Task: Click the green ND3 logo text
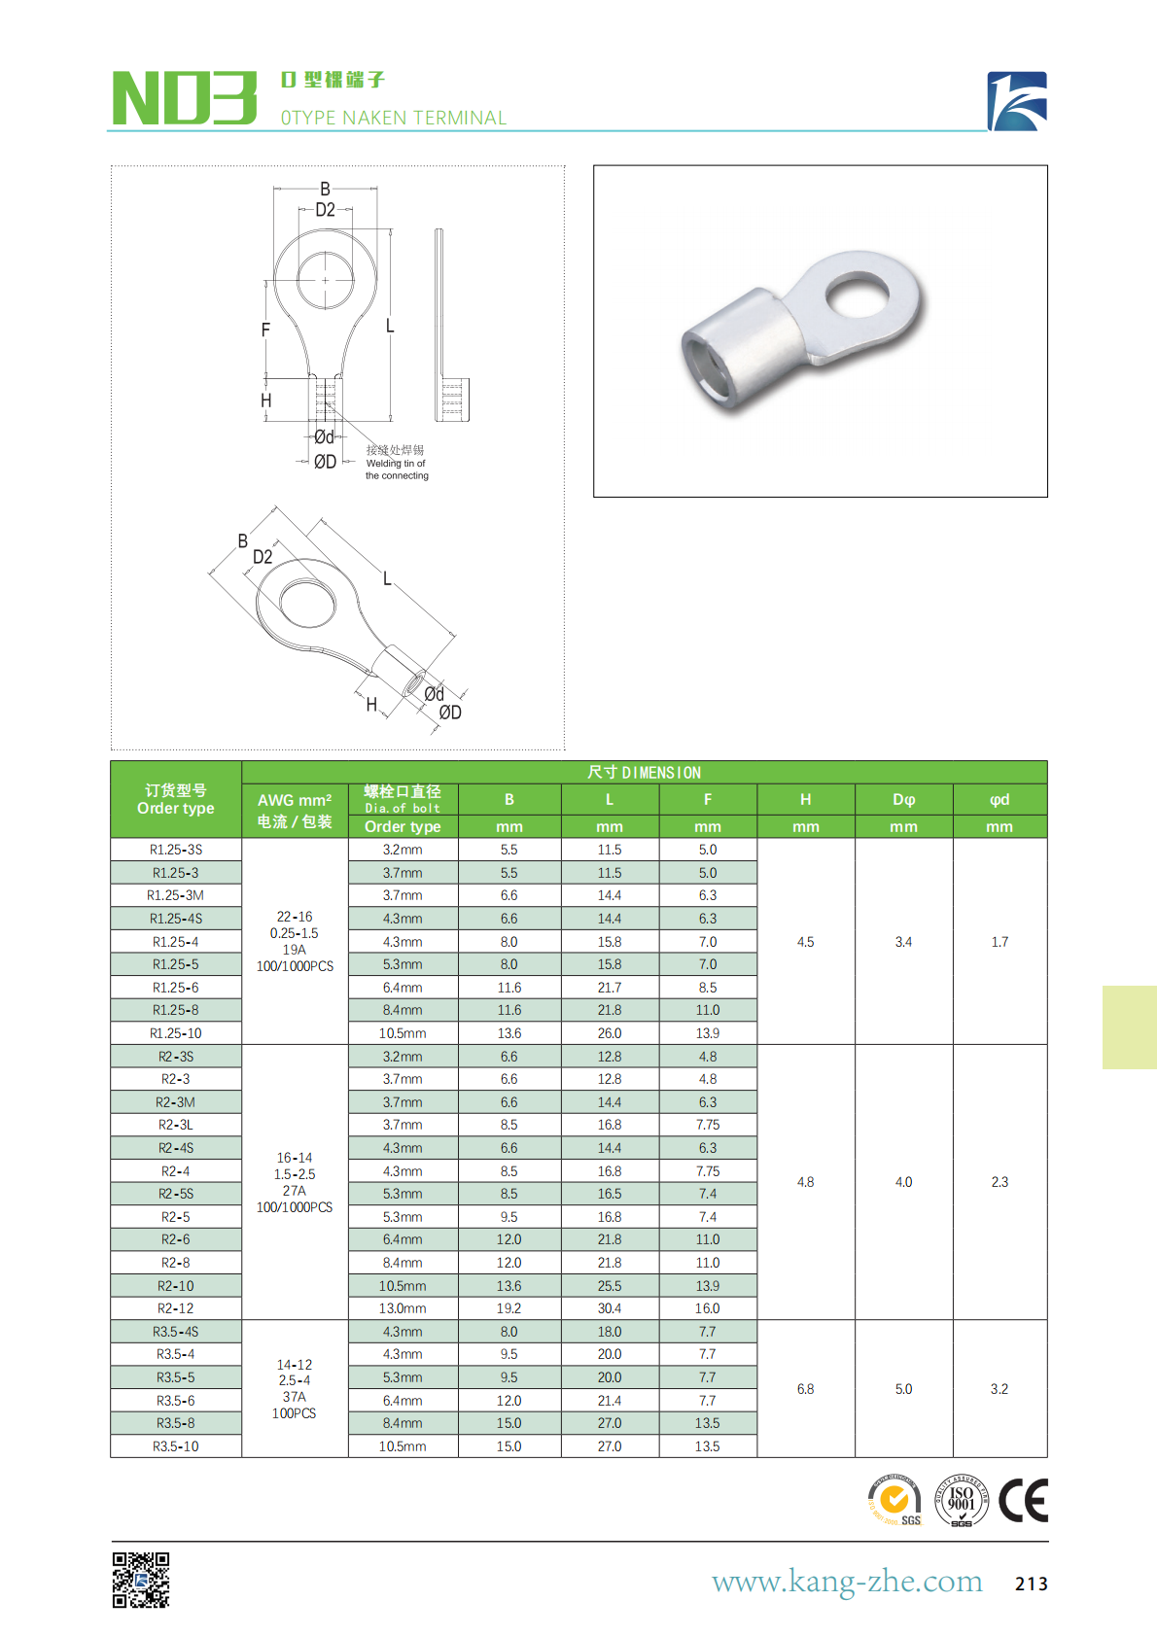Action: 185,98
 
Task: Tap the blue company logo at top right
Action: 1017,100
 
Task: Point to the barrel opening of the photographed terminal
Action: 707,368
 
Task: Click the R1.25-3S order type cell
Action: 176,850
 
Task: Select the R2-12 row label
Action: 176,1308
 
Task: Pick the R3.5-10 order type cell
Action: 176,1446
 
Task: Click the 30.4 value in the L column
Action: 610,1308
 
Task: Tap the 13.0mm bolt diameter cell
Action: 403,1308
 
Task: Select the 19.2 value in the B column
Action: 509,1308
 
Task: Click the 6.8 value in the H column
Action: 805,1389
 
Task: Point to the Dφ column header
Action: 903,800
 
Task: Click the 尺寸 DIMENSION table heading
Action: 644,773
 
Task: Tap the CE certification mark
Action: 1023,1500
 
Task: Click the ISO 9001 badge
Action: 961,1500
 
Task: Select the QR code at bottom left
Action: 141,1580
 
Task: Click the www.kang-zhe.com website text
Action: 847,1582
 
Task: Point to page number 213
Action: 1031,1584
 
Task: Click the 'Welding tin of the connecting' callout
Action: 396,464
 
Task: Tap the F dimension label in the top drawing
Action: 265,331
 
